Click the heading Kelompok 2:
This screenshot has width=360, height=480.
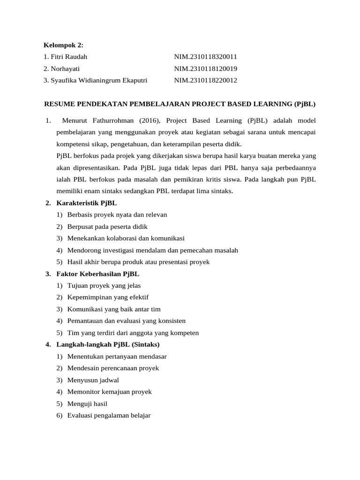[x=63, y=45]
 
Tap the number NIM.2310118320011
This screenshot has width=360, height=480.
[x=206, y=57]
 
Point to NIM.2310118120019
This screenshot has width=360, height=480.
[x=206, y=68]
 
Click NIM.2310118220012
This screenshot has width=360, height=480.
[x=206, y=80]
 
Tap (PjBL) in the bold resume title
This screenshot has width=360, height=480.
[x=305, y=103]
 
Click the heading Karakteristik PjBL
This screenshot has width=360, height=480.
[x=86, y=203]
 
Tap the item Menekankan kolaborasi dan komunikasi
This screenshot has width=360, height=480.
[x=126, y=238]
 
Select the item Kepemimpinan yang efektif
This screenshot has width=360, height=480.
[x=108, y=297]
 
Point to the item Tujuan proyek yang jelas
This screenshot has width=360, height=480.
[x=104, y=285]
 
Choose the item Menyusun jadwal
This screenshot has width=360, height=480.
[x=93, y=380]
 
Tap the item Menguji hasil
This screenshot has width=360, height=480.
[x=88, y=403]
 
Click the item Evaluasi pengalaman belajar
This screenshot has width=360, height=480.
[x=109, y=415]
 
